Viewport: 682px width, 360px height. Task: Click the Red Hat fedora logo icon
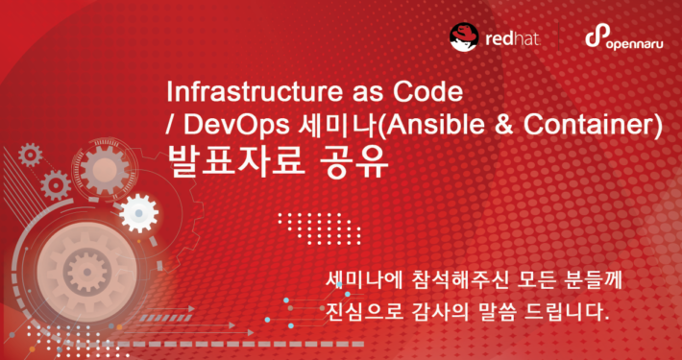tap(465, 36)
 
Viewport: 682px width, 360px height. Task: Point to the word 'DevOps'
tap(230, 125)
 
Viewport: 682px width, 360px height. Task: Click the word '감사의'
tap(445, 313)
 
